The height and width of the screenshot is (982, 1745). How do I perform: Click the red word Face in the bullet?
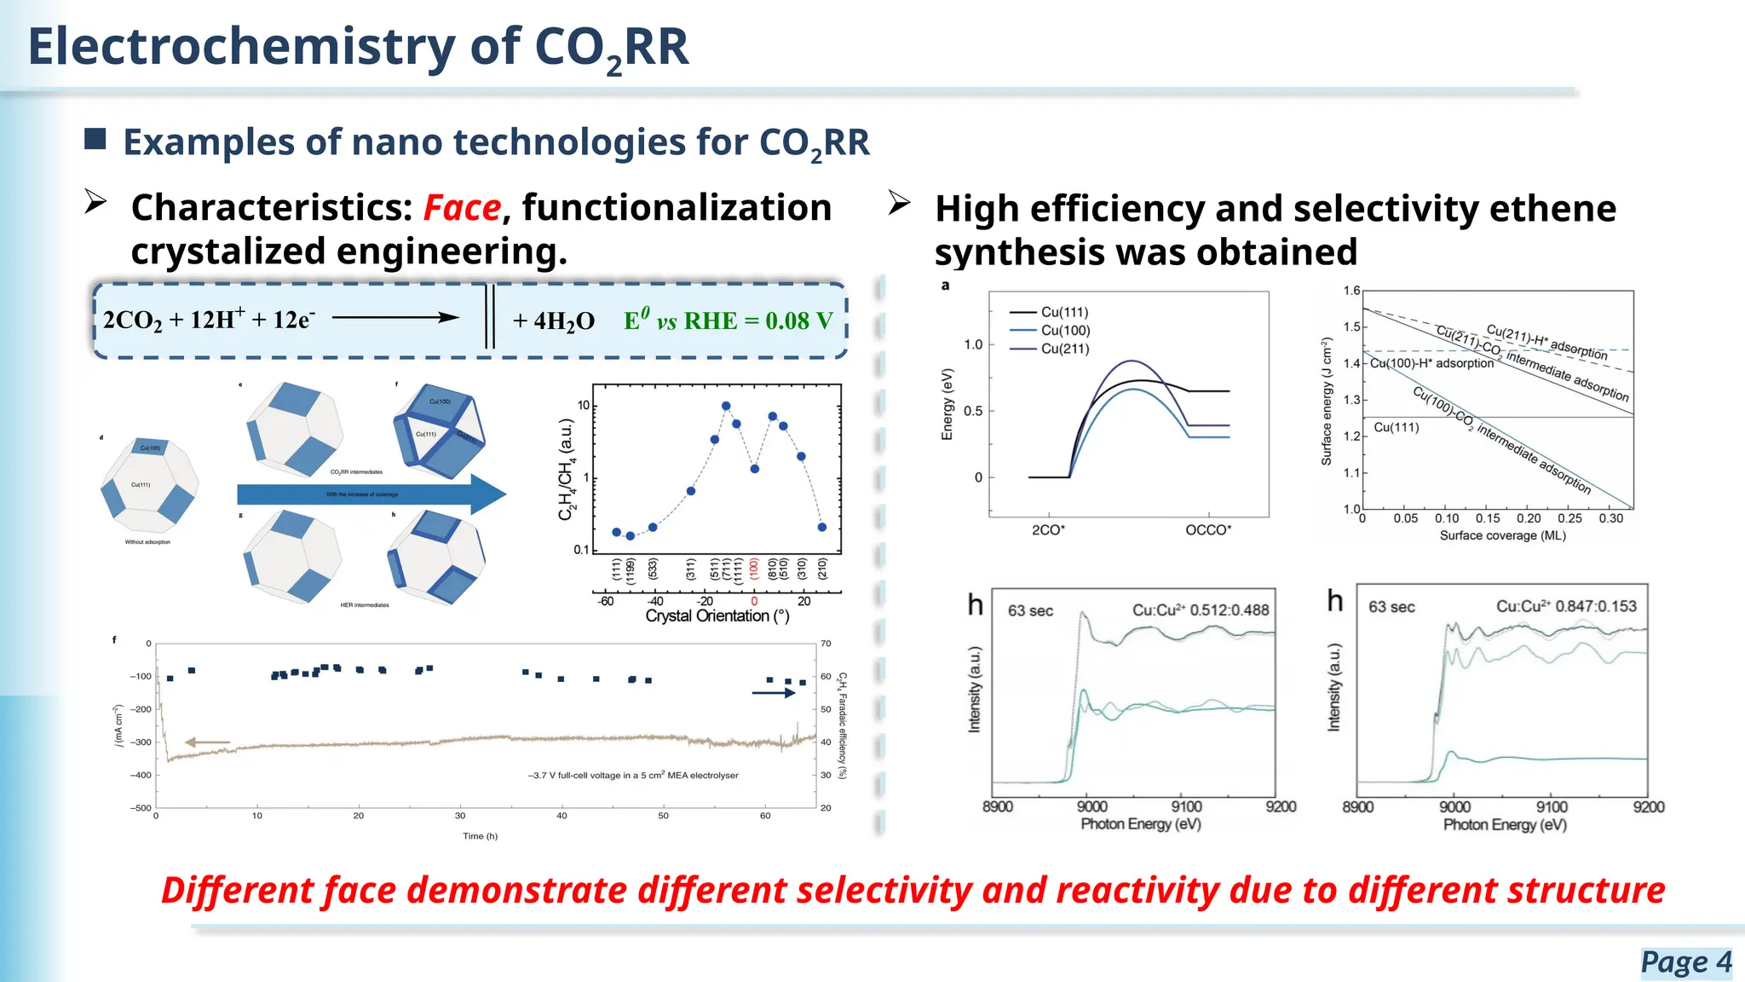click(462, 208)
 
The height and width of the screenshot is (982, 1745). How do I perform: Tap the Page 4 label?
click(1685, 962)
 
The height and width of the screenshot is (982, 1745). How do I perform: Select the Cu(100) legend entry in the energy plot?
click(1065, 331)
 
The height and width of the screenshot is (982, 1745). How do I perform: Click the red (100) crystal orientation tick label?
click(754, 569)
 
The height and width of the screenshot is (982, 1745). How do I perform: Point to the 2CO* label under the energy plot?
click(1048, 530)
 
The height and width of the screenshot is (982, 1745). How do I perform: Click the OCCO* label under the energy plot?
click(1208, 530)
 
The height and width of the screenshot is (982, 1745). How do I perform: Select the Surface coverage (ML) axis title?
click(1502, 536)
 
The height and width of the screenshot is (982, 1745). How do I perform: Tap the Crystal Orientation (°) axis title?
click(717, 616)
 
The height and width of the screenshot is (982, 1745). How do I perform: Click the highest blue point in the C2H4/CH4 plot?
click(726, 407)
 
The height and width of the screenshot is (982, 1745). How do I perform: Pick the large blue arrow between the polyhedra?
click(371, 494)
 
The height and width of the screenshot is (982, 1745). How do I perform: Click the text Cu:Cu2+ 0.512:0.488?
click(1200, 610)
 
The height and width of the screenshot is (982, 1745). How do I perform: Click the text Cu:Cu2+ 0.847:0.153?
click(1566, 607)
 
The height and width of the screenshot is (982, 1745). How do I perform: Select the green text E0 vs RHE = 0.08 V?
click(728, 321)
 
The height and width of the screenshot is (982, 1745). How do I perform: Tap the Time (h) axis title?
click(480, 836)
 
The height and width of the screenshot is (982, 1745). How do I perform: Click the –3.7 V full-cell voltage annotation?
click(632, 776)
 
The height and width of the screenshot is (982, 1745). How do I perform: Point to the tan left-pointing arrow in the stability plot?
click(207, 742)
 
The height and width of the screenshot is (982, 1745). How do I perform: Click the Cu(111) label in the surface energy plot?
click(1396, 428)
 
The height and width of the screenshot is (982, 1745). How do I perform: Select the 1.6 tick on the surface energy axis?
click(1351, 291)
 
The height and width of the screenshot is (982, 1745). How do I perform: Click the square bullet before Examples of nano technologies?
click(95, 139)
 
